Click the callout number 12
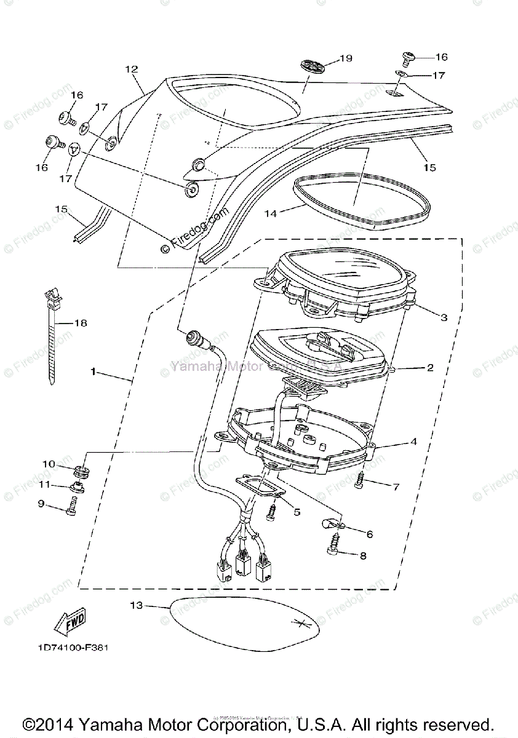click(x=131, y=69)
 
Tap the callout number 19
click(x=345, y=58)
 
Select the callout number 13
click(x=136, y=606)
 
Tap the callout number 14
click(x=271, y=213)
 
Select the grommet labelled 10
click(x=79, y=472)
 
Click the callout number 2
click(x=430, y=368)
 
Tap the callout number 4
click(x=431, y=442)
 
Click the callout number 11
click(x=44, y=485)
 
